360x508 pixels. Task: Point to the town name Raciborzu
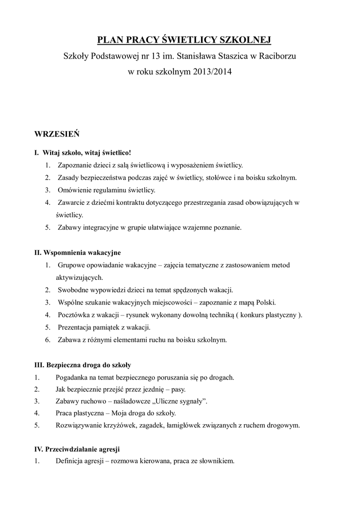point(276,56)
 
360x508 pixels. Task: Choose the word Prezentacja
point(76,327)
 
